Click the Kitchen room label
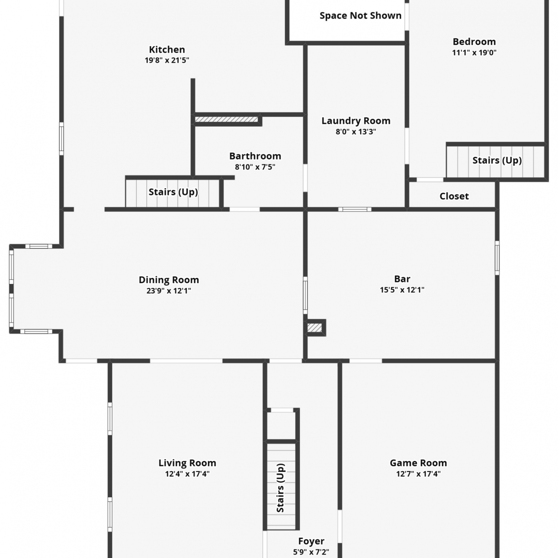coord(167,49)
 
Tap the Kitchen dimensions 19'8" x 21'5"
coord(167,60)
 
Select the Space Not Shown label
coord(360,16)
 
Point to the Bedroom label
coord(474,42)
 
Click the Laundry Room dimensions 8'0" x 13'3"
coord(356,132)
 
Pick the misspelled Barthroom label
coord(255,156)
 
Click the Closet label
coord(454,196)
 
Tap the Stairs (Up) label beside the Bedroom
coord(497,160)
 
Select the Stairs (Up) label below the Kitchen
coord(173,192)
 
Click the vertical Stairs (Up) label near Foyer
coord(280,488)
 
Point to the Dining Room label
coord(169,280)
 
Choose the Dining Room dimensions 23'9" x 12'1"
coord(169,291)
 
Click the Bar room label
coord(402,279)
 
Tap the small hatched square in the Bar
coord(314,328)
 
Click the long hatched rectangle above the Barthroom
coord(227,119)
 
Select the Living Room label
coord(187,463)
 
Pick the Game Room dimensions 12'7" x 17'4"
coord(418,474)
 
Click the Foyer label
coord(311,541)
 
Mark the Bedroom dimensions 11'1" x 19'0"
coord(474,53)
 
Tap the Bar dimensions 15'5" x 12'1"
coord(402,290)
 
